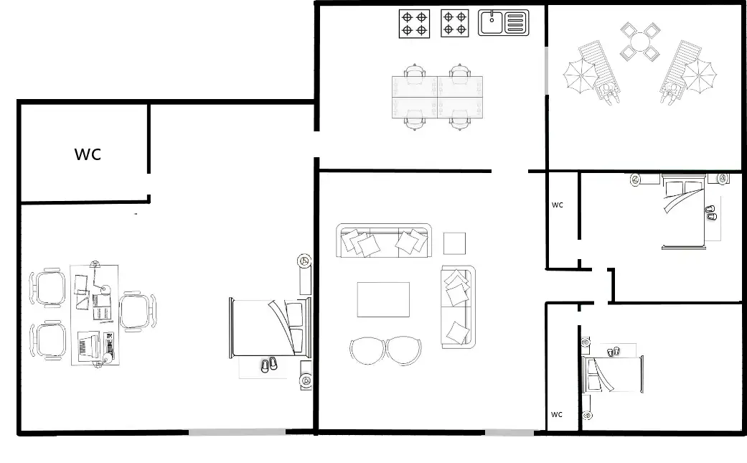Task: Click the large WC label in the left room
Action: (88, 154)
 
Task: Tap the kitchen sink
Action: (504, 22)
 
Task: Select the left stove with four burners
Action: (414, 23)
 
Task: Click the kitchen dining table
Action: (438, 97)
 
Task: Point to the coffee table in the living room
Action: (383, 299)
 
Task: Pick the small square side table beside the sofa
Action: (455, 243)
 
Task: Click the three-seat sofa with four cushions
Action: (385, 242)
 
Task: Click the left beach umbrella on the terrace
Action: (580, 75)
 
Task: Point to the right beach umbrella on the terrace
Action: (699, 75)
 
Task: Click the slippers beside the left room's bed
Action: (268, 365)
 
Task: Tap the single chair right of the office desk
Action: (136, 312)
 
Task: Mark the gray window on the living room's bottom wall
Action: (509, 432)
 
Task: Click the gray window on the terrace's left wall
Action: (547, 70)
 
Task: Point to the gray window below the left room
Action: (237, 432)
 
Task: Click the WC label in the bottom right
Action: (557, 414)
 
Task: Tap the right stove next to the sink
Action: (454, 22)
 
